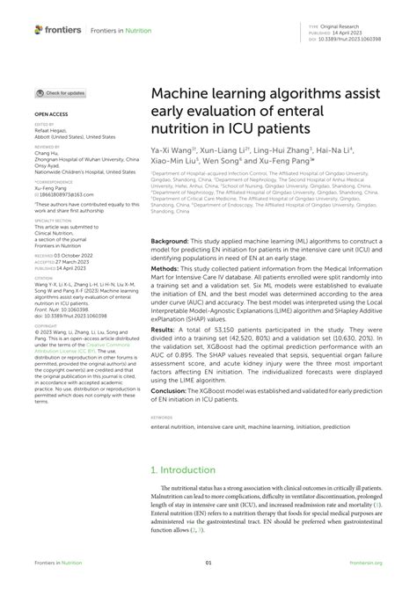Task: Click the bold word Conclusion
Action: (x=170, y=390)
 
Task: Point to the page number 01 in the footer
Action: (x=208, y=563)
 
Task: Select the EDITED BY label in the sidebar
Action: (x=44, y=126)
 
